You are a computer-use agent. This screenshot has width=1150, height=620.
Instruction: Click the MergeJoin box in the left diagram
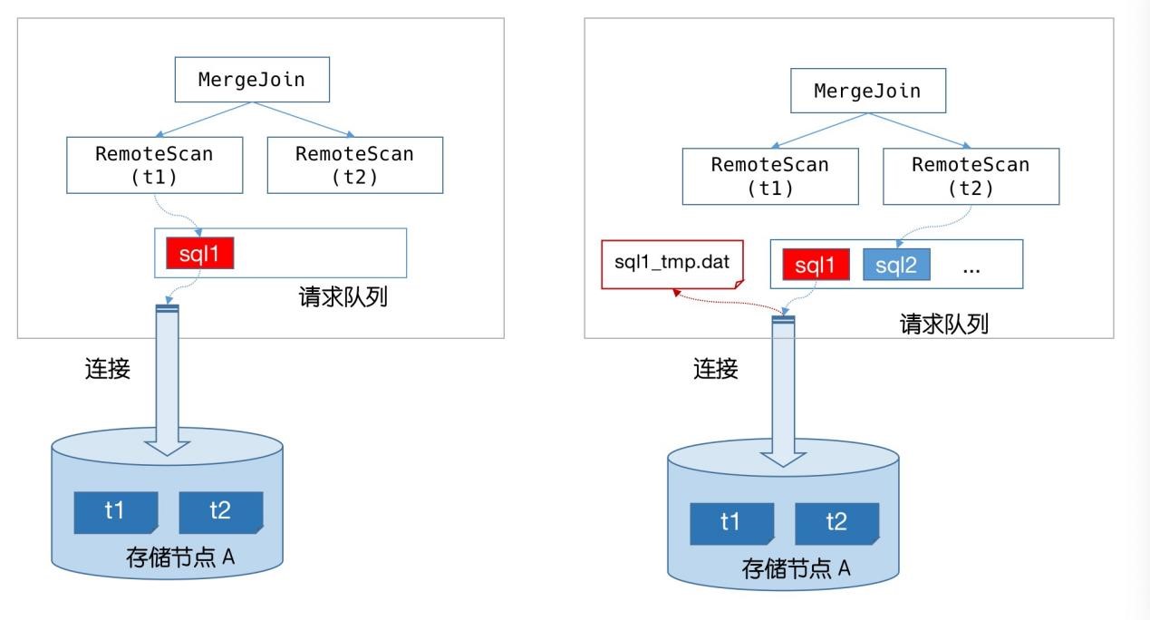point(252,80)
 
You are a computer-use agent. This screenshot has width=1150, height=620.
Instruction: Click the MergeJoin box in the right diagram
point(868,91)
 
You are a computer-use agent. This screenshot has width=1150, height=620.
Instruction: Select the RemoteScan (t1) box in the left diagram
point(155,165)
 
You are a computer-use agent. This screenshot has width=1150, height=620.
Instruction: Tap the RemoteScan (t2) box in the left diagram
point(355,165)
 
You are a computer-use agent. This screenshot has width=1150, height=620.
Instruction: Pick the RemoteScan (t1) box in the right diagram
point(770,176)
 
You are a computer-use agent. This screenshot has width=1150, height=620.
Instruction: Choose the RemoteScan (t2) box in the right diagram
point(971,176)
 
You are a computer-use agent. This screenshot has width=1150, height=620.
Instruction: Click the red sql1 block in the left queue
point(199,253)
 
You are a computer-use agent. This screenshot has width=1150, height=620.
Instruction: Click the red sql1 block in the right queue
point(816,265)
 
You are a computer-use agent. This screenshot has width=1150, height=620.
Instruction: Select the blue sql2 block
point(896,265)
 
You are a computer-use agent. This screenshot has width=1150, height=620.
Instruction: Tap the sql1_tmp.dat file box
point(672,264)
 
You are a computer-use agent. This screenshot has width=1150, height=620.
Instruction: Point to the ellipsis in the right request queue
point(971,270)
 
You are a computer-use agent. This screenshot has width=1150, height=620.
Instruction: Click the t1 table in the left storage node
point(115,512)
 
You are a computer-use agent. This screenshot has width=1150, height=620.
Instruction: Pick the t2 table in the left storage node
point(221,512)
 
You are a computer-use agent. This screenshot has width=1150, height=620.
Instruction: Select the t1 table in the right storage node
point(731,523)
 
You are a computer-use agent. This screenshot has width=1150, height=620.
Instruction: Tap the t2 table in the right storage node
point(836,523)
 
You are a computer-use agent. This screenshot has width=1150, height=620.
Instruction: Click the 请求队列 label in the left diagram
point(343,297)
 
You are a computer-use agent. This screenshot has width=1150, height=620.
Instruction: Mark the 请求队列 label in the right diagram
point(943,325)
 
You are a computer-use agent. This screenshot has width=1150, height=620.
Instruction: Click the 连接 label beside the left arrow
point(107,369)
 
